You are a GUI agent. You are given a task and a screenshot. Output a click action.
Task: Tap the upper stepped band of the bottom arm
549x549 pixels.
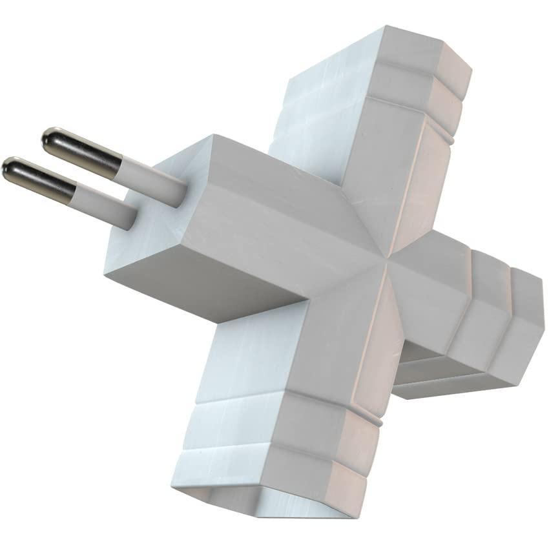(x=271, y=420)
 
